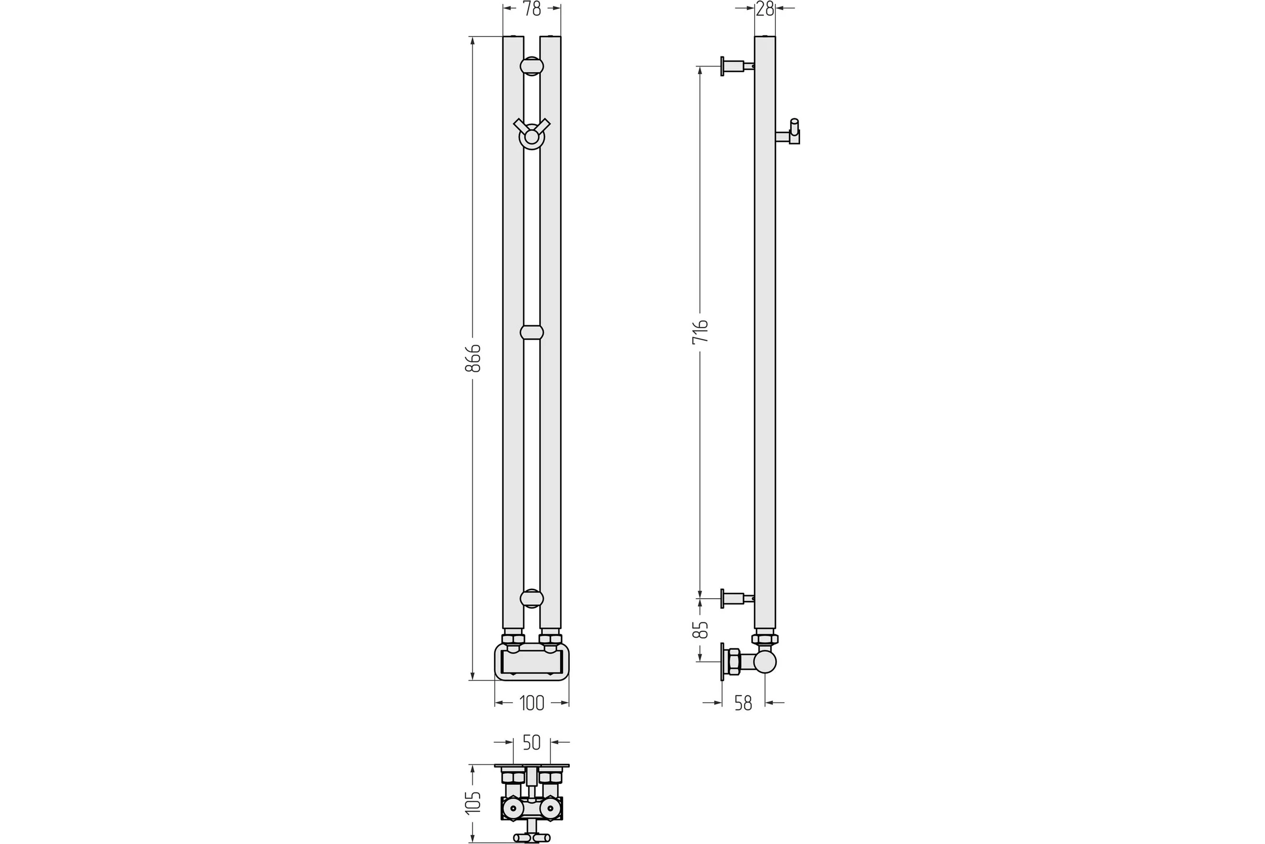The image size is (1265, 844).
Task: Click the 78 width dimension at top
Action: (532, 9)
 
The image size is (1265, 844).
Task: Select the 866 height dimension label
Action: (473, 358)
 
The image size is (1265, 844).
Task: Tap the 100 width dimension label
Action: (532, 703)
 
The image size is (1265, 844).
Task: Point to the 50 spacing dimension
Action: (532, 743)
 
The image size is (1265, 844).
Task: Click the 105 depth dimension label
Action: (473, 802)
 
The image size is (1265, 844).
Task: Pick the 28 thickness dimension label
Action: (765, 9)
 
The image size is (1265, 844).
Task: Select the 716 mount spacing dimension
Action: (700, 332)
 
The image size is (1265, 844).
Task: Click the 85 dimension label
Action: (700, 630)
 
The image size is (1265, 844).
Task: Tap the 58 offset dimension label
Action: (743, 703)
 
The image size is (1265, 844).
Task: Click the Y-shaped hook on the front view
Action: (531, 133)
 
